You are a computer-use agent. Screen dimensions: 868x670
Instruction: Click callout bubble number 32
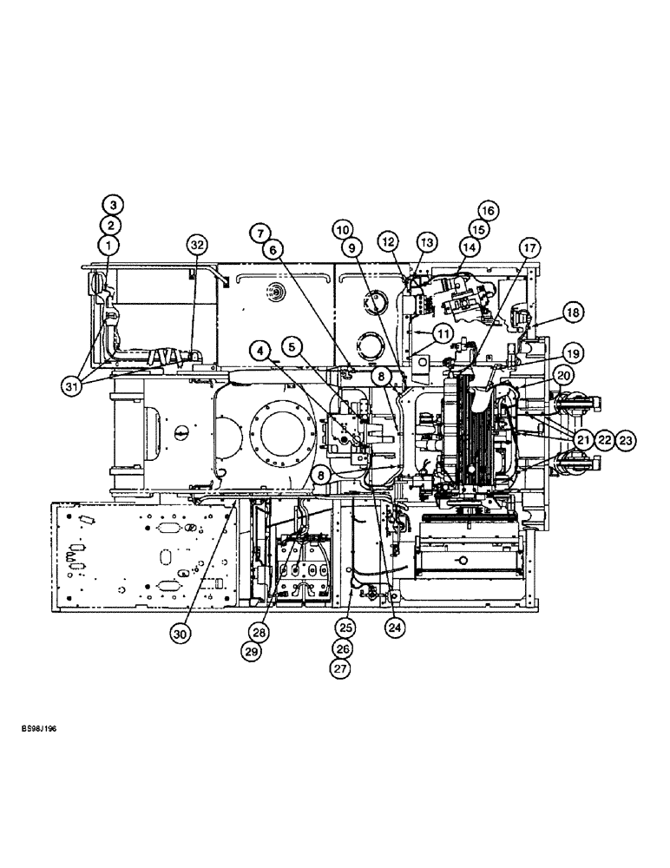[196, 247]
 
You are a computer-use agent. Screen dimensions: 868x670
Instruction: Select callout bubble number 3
[114, 206]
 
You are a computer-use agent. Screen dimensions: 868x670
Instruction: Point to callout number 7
[258, 233]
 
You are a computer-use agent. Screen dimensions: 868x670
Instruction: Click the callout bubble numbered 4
[259, 350]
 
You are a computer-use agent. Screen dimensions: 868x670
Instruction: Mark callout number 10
[345, 230]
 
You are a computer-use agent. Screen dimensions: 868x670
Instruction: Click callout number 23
[627, 440]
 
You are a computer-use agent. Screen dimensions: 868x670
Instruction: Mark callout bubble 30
[180, 635]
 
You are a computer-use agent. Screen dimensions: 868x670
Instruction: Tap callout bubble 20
[565, 376]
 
